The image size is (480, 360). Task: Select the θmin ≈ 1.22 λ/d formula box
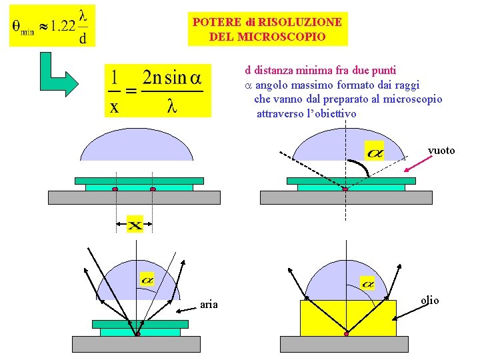[52, 26]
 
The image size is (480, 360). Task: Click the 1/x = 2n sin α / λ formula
[157, 90]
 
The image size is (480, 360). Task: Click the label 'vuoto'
[441, 151]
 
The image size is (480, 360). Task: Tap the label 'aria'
[209, 305]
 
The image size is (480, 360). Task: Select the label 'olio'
[430, 301]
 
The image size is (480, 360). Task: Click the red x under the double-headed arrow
[135, 226]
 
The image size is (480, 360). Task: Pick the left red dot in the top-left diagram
[115, 190]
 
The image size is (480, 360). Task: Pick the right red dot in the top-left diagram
[153, 190]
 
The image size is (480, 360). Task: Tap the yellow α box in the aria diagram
[147, 279]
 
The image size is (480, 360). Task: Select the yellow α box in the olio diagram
[367, 283]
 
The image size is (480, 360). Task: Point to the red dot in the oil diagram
[346, 333]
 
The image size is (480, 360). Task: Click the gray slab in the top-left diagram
[133, 198]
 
